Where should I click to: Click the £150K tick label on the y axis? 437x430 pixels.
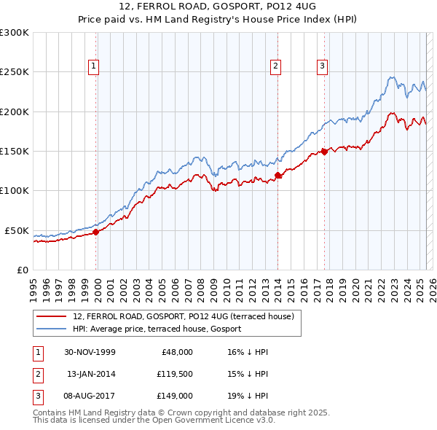pyautogui.click(x=15, y=152)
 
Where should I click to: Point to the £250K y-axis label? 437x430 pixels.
pyautogui.click(x=15, y=72)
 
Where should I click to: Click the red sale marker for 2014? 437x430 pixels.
pyautogui.click(x=277, y=175)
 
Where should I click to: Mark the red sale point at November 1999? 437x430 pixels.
pyautogui.click(x=96, y=232)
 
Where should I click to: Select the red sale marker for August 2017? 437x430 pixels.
pyautogui.click(x=324, y=152)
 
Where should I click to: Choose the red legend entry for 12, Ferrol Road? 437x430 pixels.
pyautogui.click(x=183, y=316)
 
